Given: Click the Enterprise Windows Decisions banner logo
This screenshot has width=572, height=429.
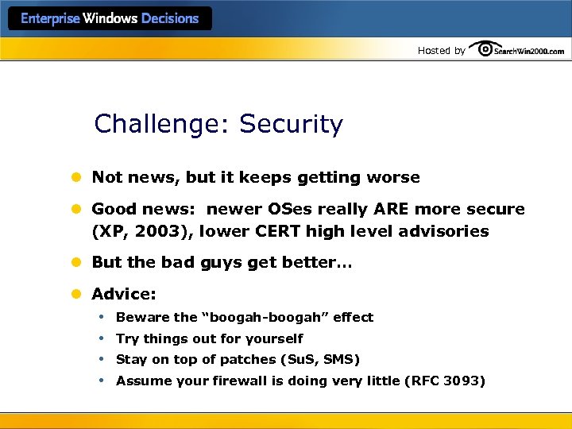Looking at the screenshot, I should click(x=110, y=19).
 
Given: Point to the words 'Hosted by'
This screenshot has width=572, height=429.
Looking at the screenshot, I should click(x=442, y=51).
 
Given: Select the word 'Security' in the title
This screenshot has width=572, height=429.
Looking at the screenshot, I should click(x=291, y=125).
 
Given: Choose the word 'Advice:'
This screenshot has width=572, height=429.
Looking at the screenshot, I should click(x=124, y=294).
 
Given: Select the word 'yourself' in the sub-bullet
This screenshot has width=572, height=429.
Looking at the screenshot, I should click(x=275, y=338).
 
